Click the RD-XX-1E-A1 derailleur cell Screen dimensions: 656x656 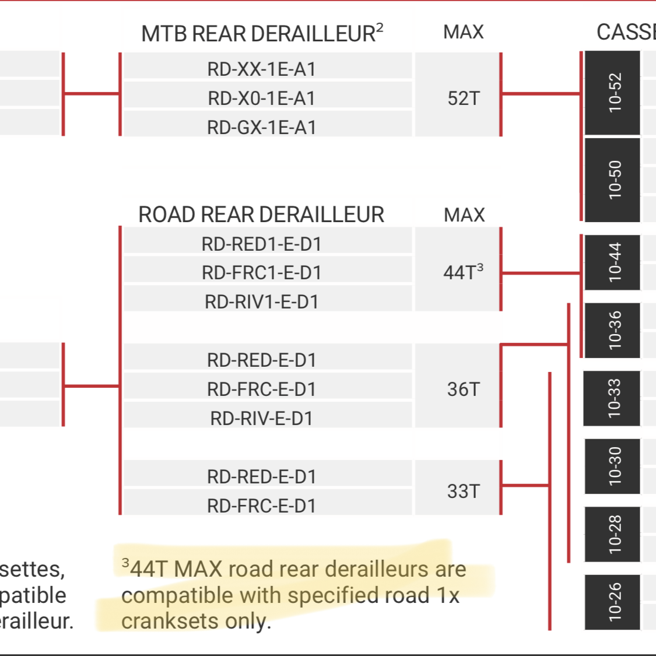[x=261, y=69]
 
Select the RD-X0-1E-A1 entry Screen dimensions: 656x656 [x=261, y=98]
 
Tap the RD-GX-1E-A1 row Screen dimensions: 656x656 [x=261, y=127]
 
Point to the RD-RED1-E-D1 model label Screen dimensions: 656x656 [x=261, y=244]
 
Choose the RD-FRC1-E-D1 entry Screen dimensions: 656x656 [x=261, y=272]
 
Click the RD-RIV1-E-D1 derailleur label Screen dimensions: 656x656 [x=261, y=301]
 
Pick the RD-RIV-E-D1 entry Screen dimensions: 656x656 [x=261, y=418]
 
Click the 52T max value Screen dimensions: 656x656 [x=464, y=98]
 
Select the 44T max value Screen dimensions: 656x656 [x=463, y=272]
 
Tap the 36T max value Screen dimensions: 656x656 [x=464, y=389]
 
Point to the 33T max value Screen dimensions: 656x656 [x=464, y=491]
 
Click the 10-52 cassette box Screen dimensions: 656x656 [x=613, y=93]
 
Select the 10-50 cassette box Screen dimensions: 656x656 [x=613, y=180]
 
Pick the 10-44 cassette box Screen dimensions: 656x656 [x=613, y=262]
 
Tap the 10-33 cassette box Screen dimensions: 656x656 [x=612, y=398]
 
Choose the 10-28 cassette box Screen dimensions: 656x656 [x=613, y=534]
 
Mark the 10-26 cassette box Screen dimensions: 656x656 [x=613, y=602]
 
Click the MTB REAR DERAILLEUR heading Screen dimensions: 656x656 [x=262, y=33]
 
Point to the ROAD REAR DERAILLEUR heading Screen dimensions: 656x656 [x=261, y=215]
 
